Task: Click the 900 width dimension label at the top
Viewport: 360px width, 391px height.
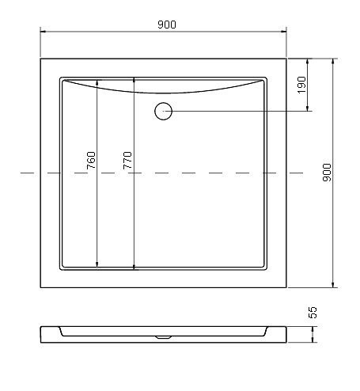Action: pos(165,25)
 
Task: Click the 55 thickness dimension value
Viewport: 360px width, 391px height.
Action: pos(313,313)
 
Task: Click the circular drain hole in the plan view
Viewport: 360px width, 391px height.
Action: pos(163,111)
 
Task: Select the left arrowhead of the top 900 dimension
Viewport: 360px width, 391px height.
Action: pos(44,32)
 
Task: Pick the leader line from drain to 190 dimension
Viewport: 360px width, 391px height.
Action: pos(237,111)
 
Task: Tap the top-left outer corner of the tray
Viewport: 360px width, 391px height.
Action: pos(40,56)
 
